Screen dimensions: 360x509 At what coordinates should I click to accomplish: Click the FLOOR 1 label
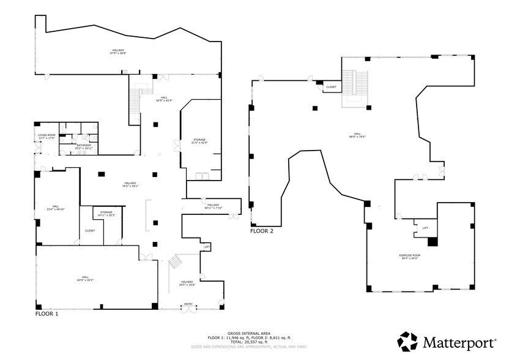[47, 314]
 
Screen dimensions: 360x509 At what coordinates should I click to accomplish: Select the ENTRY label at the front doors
[188, 304]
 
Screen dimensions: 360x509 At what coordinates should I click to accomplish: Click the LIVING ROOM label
[47, 137]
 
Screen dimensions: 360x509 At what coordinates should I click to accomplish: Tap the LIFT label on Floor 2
[425, 228]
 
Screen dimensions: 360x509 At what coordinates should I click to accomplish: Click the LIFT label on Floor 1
[207, 247]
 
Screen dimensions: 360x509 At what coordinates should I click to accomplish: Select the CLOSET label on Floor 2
[331, 87]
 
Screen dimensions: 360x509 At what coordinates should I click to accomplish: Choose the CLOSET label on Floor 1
[90, 231]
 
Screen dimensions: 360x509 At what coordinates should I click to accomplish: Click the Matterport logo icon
[409, 341]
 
